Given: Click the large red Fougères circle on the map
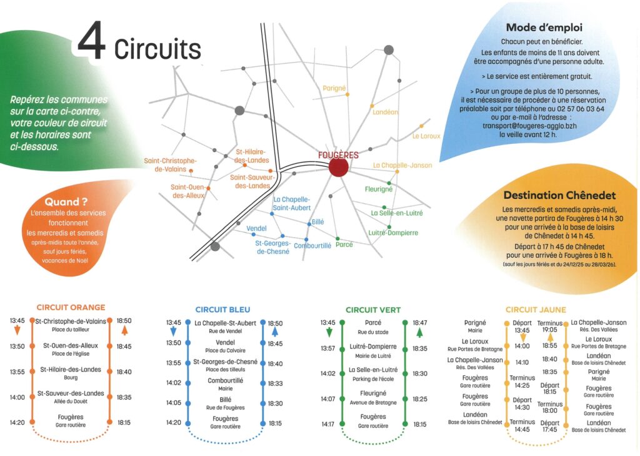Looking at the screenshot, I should coord(338,167).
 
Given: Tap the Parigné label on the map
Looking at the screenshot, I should coord(334,89).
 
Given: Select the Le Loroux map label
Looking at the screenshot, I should coord(426,136).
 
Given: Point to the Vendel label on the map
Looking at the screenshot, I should coord(257,228).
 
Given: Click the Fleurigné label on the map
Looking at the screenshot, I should coord(379,188).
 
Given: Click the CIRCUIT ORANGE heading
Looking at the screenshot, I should coord(71,307).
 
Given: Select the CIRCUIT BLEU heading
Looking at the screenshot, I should coord(222,309).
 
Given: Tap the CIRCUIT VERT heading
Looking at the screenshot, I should coord(373,310).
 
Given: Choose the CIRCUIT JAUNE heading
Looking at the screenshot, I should coord(536,309).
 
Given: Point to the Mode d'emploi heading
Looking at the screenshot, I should coord(544,28).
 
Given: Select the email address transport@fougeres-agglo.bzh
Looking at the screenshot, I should coord(536,125).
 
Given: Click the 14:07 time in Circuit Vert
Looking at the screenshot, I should coord(328,398).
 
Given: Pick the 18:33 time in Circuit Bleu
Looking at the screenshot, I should coord(275,383).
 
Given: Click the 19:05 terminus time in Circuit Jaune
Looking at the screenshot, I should coord(550,330).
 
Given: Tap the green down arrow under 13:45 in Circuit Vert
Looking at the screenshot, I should coord(329,332).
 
